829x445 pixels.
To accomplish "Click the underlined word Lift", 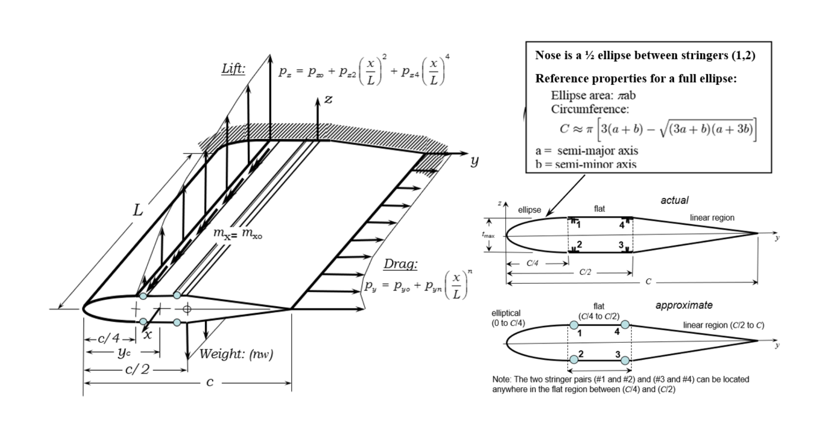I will point(233,69).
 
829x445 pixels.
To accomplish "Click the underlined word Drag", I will point(400,264).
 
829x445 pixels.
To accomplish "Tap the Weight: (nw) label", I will point(236,354).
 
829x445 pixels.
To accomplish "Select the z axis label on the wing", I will point(328,99).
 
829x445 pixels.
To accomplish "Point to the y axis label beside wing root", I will point(474,161).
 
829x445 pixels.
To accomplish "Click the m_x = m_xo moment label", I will point(238,233).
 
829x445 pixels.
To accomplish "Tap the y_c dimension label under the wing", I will point(123,353).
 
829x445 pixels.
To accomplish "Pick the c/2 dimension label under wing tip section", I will point(137,369).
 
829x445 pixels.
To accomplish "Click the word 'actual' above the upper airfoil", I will point(674,200).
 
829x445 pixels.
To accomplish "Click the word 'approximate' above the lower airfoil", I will point(684,305).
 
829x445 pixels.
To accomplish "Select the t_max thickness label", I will point(488,235).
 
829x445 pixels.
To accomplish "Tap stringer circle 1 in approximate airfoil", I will point(574,325).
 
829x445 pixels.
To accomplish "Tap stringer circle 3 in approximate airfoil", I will point(625,360).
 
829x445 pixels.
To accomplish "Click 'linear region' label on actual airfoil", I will point(712,217).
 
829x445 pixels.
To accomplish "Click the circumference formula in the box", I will point(658,129).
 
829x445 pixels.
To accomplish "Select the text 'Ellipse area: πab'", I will point(593,95).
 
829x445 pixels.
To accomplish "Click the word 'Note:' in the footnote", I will point(501,380).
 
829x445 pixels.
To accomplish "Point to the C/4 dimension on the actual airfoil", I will point(532,263).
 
